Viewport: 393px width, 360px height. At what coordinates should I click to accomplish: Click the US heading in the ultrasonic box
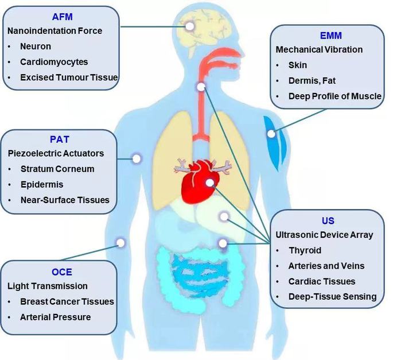pos(328,220)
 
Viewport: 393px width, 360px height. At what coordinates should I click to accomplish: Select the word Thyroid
pos(305,250)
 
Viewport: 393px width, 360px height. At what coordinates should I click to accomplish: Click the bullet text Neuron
pos(36,46)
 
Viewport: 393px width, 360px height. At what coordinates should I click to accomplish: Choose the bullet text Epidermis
pos(42,184)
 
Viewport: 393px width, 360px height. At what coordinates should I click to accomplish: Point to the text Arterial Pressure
pos(55,316)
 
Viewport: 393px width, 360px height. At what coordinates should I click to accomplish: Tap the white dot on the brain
pos(190,26)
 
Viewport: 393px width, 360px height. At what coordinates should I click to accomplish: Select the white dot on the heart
pos(211,184)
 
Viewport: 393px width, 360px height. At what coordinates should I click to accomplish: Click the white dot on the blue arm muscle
pos(271,133)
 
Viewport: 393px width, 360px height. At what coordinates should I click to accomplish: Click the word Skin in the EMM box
pos(298,65)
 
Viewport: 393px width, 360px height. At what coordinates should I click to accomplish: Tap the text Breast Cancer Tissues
pos(67,301)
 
